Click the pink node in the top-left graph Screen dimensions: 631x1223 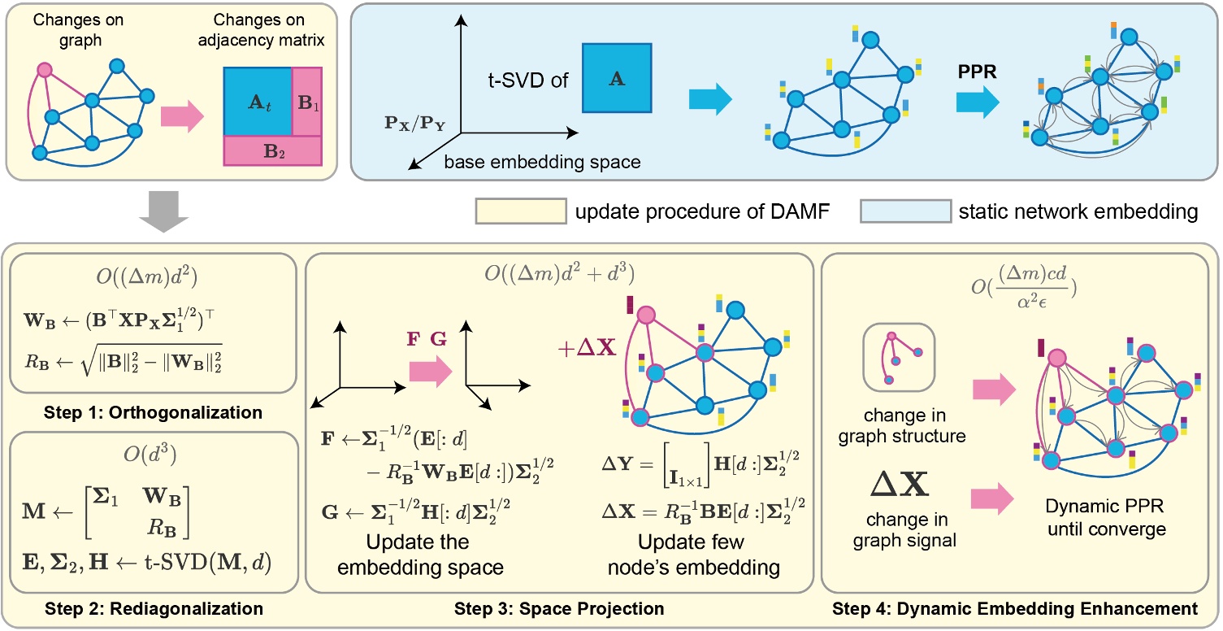(46, 72)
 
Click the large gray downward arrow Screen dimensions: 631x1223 (166, 210)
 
